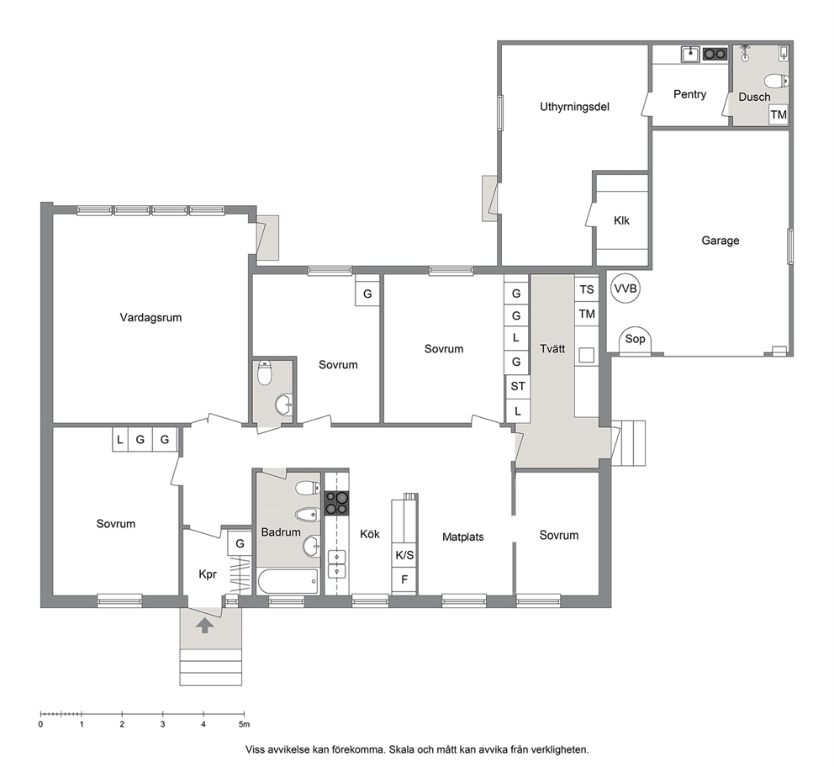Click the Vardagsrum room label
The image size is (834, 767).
tap(150, 318)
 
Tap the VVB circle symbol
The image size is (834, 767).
tap(625, 288)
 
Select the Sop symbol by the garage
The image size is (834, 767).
tap(635, 340)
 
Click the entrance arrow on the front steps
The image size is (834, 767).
tap(204, 626)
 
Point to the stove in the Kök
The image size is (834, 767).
tap(336, 503)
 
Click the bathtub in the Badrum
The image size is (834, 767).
tap(288, 581)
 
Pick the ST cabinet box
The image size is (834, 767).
tap(517, 386)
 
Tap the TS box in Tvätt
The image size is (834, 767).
tap(587, 289)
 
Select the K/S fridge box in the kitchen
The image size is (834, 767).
tap(404, 555)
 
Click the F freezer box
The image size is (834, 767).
tap(404, 580)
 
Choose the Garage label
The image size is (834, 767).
tap(721, 241)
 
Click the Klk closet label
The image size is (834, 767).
tap(621, 220)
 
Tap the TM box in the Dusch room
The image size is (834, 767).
tap(779, 114)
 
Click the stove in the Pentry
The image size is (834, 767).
tap(715, 54)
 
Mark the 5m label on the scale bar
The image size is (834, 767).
tap(244, 724)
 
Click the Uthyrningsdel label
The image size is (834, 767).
tap(574, 107)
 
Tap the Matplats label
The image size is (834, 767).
tap(462, 537)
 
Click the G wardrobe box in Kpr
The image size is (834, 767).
tap(240, 543)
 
